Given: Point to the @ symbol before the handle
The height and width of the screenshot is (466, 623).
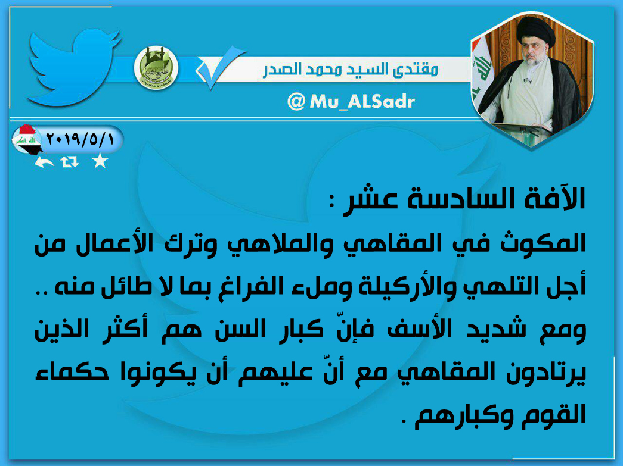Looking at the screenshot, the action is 296,102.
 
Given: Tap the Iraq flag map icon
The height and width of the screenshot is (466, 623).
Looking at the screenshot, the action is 27,140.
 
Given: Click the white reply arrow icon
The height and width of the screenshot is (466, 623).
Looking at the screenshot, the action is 44,162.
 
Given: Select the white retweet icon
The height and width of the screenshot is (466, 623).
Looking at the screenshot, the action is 70,162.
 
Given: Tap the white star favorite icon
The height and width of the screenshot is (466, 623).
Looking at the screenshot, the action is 100,161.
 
